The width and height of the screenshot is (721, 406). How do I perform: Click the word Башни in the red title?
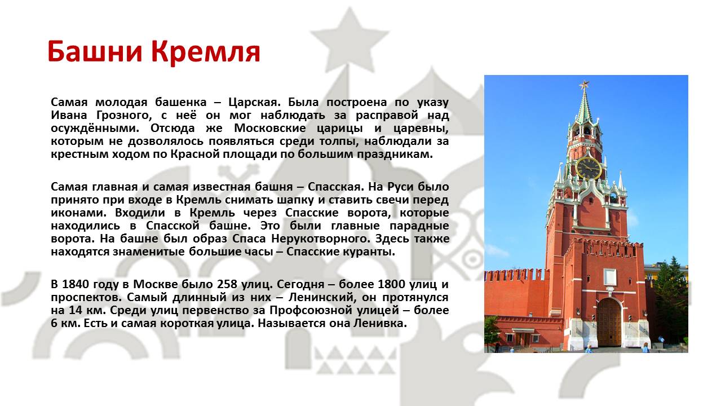(x=95, y=51)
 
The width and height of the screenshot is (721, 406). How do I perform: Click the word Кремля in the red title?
(x=205, y=52)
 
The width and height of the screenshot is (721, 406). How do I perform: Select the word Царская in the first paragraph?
(x=254, y=103)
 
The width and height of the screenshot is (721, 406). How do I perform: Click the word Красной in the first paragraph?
(x=195, y=154)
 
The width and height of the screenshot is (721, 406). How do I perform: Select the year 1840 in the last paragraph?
(x=75, y=284)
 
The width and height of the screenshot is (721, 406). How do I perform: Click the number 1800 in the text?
(x=391, y=284)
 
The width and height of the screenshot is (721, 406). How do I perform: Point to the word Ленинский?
(x=322, y=298)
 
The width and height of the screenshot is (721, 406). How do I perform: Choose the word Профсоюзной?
(x=310, y=310)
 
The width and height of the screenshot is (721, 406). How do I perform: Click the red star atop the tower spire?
(x=584, y=85)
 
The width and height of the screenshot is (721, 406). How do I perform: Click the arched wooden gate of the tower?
(x=609, y=322)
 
